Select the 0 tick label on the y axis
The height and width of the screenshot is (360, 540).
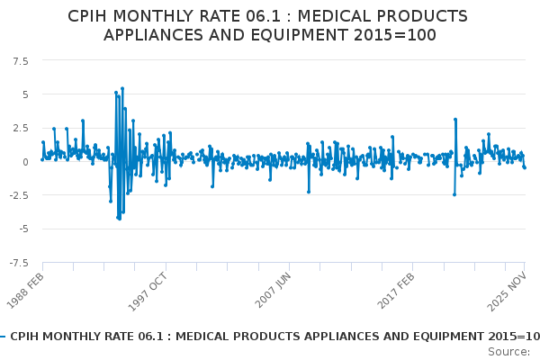click(x=25, y=162)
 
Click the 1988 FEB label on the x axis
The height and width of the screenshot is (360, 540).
click(x=26, y=290)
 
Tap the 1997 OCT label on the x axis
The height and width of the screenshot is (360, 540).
click(x=149, y=290)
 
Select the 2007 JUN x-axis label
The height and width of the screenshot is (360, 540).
click(x=273, y=290)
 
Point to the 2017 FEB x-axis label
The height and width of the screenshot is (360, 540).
click(x=396, y=290)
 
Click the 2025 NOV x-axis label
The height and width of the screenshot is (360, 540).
click(x=508, y=290)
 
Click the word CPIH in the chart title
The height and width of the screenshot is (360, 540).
click(x=90, y=17)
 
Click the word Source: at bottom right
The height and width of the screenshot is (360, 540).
click(x=508, y=351)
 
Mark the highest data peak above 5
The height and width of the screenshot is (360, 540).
click(x=121, y=88)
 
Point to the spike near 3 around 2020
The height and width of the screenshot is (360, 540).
click(x=455, y=119)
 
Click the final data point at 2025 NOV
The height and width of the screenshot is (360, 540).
click(x=525, y=168)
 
